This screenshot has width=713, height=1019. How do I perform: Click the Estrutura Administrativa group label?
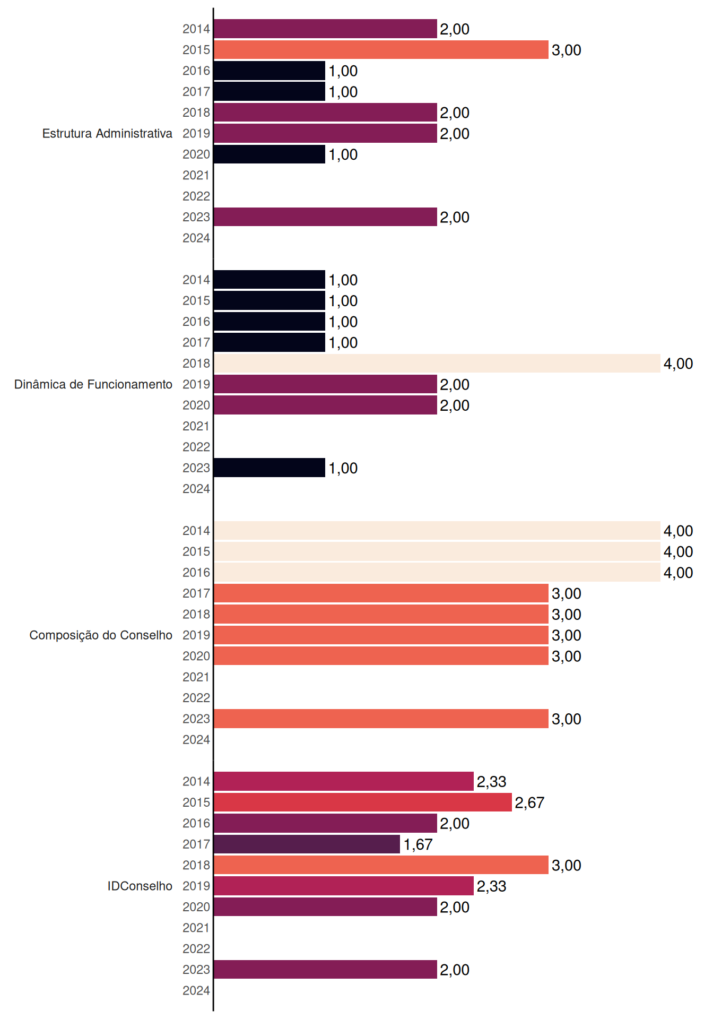107,133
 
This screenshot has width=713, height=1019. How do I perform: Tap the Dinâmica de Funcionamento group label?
93,384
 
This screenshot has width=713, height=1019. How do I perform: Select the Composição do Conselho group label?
101,635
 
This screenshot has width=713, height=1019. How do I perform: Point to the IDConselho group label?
140,886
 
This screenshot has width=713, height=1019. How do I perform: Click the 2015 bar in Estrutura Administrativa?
381,50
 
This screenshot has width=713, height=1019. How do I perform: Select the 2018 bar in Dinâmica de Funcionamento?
437,364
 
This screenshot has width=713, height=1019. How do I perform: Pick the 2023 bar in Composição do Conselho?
381,719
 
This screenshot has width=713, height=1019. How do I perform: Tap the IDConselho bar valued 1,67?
307,844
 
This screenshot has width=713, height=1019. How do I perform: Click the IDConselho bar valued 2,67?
363,802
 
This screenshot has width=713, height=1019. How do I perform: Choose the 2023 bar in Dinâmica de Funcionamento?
269,468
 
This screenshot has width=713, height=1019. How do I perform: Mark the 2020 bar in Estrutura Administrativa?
269,154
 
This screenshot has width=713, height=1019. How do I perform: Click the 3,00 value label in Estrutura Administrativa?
567,50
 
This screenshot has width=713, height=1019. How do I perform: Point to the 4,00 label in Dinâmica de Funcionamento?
678,364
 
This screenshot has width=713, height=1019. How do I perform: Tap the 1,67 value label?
418,844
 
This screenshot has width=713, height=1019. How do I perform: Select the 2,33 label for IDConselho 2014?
491,781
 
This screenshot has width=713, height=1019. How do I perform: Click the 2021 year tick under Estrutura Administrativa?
196,175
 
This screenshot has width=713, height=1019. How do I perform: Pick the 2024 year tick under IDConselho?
196,990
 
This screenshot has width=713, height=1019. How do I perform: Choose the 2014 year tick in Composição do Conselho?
196,531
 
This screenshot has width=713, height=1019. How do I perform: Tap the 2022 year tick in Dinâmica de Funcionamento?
196,447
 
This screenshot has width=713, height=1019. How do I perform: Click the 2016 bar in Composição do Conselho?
437,573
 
